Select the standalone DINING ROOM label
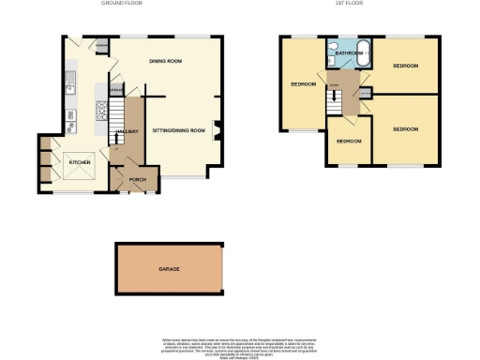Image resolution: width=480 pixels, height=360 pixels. pyautogui.click(x=165, y=62)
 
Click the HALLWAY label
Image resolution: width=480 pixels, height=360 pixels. pyautogui.click(x=129, y=130)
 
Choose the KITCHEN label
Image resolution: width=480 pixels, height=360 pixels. pyautogui.click(x=81, y=162)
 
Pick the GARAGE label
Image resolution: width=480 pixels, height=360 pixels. pyautogui.click(x=169, y=269)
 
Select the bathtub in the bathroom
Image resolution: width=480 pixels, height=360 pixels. pyautogui.click(x=364, y=54)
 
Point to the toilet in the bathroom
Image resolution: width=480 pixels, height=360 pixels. pyautogui.click(x=334, y=44)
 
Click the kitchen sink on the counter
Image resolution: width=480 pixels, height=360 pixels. pyautogui.click(x=69, y=86)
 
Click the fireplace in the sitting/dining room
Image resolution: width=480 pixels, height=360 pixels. pyautogui.click(x=217, y=129)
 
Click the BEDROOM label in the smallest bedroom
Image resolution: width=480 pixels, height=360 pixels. pyautogui.click(x=348, y=142)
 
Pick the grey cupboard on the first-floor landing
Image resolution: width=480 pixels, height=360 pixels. pyautogui.click(x=365, y=91)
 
